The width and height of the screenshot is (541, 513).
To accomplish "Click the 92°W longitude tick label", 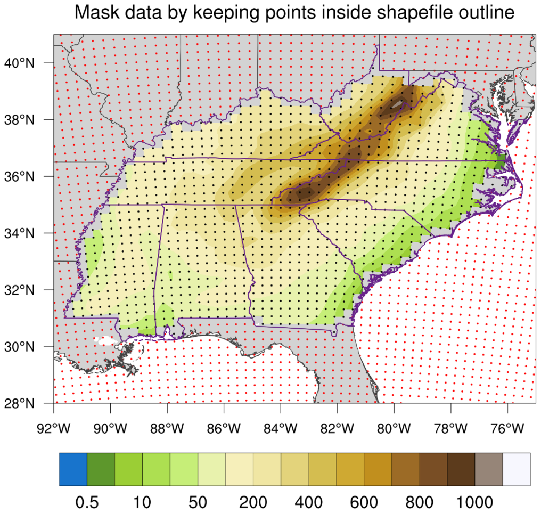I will [54, 428].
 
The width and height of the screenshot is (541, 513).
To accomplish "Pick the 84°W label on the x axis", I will [281, 428].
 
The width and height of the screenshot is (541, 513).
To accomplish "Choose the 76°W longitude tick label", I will [507, 428].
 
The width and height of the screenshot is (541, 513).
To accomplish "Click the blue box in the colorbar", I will [73, 469].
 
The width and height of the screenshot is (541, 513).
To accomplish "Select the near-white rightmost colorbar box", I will [517, 469].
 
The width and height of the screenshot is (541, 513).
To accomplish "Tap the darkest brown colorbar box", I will [461, 469].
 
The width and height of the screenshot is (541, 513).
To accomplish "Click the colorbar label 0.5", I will [87, 501].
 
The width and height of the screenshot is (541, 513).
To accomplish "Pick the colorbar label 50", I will [198, 501].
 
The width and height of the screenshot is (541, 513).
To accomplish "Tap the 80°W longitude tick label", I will [394, 428].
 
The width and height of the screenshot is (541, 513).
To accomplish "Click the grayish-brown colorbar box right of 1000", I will [489, 469].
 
